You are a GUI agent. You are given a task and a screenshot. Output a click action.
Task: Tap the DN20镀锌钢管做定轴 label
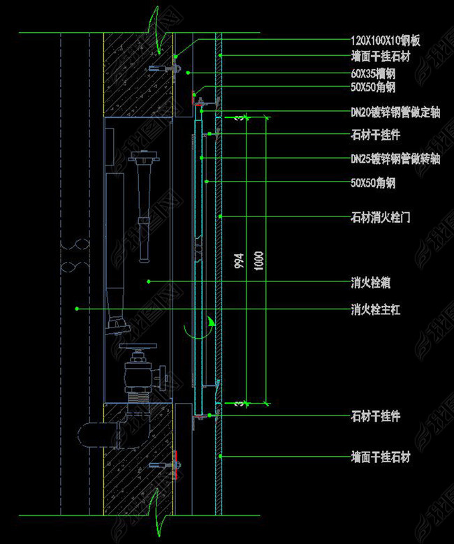[x=395, y=110]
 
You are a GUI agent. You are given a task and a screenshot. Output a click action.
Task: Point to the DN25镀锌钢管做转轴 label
[x=395, y=159]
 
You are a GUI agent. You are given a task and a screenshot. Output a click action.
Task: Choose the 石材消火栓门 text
[x=379, y=217]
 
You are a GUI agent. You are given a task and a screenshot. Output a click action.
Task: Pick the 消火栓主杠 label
[x=374, y=309]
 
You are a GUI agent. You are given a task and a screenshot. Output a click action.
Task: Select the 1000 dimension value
[x=258, y=260]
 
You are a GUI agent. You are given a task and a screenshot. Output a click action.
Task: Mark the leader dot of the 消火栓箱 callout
[x=149, y=281]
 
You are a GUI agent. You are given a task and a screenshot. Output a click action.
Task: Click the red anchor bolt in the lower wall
[x=176, y=463]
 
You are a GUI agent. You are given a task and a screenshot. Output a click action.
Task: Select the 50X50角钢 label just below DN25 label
[x=373, y=183]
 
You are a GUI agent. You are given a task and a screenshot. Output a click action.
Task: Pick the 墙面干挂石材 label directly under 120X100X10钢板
[x=380, y=56]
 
